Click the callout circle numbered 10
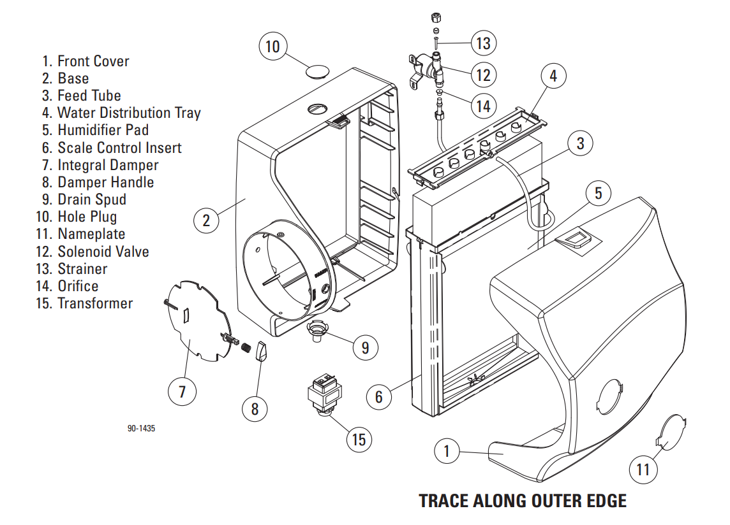(x=272, y=47)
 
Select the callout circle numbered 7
(x=182, y=391)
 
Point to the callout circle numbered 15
(x=359, y=440)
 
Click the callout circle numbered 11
(x=643, y=470)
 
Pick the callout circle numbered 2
(x=206, y=220)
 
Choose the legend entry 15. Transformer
(x=85, y=303)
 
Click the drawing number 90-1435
(x=141, y=429)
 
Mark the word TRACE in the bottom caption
(x=443, y=501)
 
